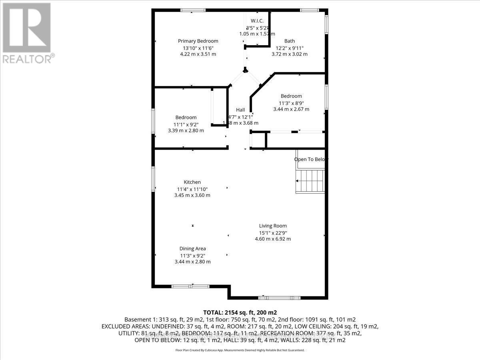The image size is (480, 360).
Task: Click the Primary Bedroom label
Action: pos(198,41)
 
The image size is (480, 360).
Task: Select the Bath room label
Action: pos(290,41)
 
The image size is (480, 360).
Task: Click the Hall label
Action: pos(240,110)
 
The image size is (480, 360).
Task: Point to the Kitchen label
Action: pos(192,182)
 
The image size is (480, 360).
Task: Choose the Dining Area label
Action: pos(192,248)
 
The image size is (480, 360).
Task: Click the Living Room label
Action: pos(273,226)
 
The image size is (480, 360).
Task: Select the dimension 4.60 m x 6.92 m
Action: pos(273,239)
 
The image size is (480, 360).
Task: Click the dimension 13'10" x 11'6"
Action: pos(198,48)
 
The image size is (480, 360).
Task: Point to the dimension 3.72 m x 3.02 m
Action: pos(290,54)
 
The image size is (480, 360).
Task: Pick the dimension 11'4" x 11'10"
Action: pos(192,189)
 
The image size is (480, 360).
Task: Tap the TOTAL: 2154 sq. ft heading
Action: pos(240,312)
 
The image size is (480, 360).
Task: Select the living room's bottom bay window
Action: pos(279,298)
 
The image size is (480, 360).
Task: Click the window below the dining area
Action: pos(190,286)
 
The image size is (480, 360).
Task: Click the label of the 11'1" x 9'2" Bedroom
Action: pos(186,117)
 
